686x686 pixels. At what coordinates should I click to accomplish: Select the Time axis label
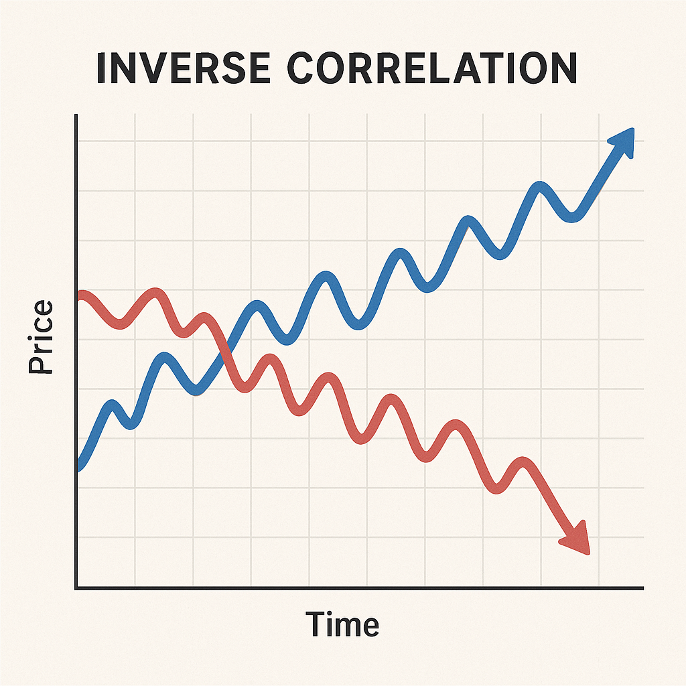tap(343, 624)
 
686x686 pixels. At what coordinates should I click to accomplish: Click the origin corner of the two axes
tap(76, 588)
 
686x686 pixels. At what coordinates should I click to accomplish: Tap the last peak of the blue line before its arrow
tap(540, 187)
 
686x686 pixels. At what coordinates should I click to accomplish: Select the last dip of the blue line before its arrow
tap(572, 216)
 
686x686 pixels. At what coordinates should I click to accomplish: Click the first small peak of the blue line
tap(113, 405)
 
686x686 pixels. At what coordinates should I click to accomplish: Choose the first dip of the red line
tap(119, 323)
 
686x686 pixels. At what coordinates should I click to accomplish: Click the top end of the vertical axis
tap(76, 117)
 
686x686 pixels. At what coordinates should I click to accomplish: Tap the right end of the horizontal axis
tap(642, 588)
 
